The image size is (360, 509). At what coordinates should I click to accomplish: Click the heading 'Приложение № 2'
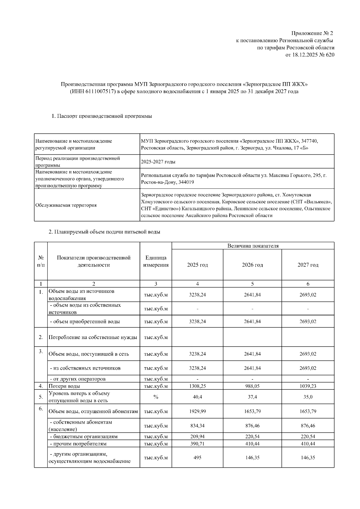312,33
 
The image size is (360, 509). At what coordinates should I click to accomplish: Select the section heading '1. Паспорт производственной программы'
101,116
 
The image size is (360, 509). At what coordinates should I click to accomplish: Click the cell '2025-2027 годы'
158,162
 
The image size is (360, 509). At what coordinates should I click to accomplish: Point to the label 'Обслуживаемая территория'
66,205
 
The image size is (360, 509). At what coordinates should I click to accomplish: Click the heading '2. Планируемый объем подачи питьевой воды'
104,232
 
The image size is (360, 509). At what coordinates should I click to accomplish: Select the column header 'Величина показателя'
253,246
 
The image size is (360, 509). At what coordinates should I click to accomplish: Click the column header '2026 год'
252,265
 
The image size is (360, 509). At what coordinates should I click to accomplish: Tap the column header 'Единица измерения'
156,261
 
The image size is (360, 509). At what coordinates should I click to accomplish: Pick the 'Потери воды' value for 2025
197,386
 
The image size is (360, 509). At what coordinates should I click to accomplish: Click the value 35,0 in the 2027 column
308,397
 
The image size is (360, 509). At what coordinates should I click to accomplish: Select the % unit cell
156,397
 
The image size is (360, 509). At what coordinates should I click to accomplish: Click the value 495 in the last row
197,458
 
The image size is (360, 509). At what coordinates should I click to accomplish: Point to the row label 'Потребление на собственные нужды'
93,337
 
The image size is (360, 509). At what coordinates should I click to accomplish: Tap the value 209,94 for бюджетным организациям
197,436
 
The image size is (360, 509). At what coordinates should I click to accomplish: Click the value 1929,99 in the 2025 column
197,411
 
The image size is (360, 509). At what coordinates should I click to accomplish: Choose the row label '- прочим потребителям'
78,444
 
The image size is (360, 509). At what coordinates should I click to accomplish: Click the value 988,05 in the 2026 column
252,386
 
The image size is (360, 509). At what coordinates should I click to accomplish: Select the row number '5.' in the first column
41,397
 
